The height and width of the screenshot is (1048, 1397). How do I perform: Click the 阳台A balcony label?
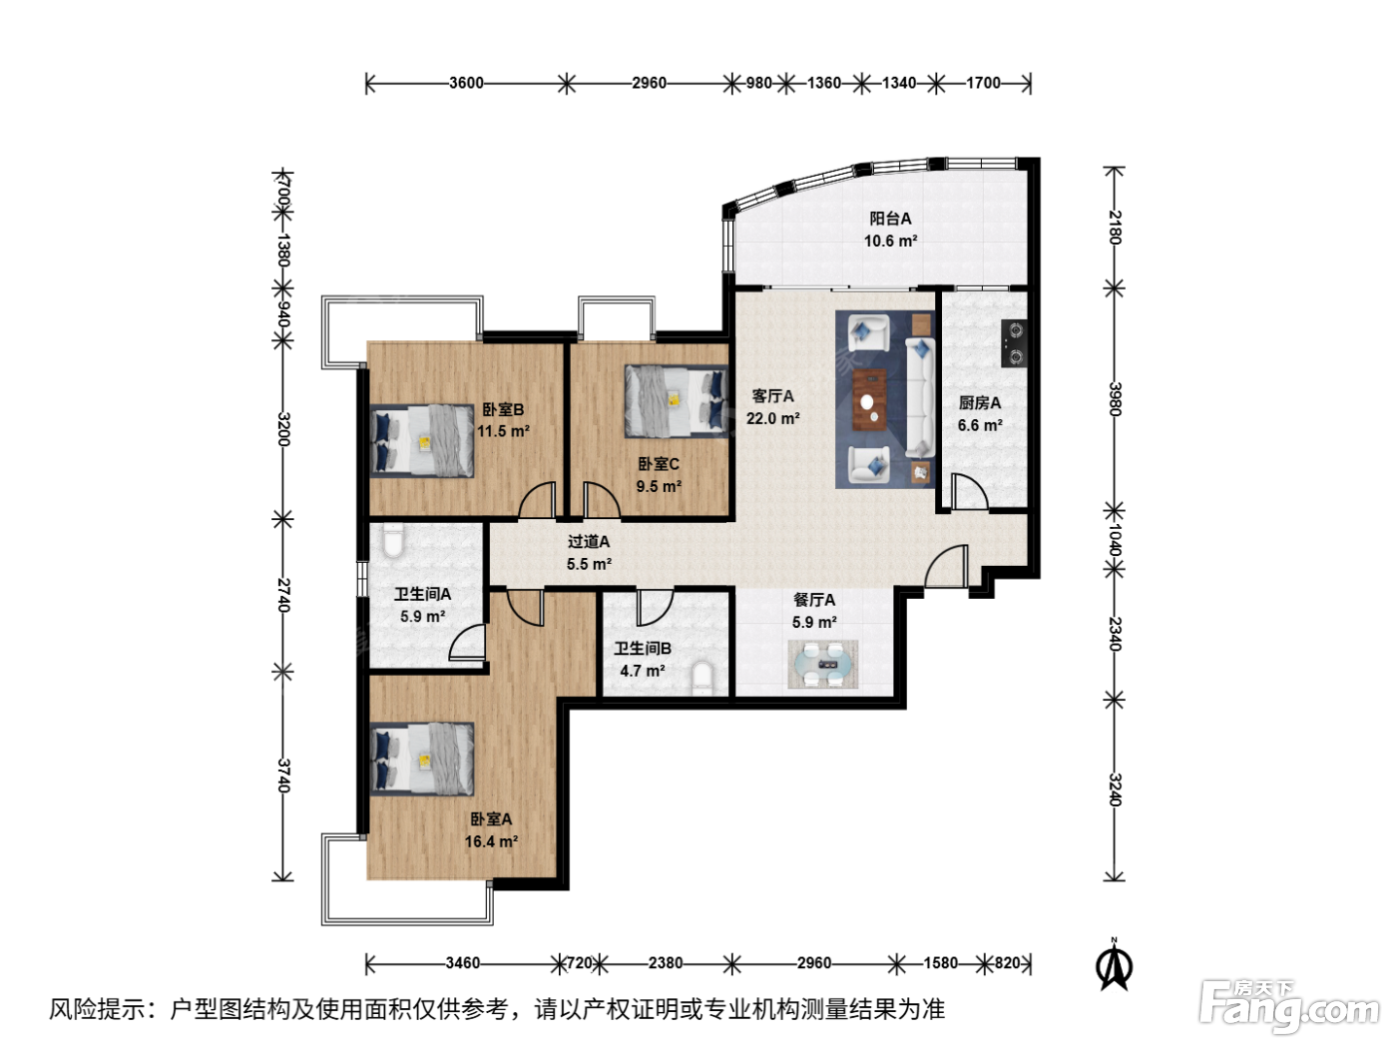pos(890,219)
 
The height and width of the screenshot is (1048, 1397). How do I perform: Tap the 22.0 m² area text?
pos(773,418)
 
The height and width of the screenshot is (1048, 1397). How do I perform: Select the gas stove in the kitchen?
pos(1015,343)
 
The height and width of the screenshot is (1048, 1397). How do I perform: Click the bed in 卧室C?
pos(676,401)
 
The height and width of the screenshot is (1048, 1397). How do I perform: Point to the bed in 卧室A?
pos(423,759)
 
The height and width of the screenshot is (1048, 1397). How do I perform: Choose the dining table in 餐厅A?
pos(823,665)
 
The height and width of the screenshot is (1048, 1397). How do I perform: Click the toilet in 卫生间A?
pos(393,540)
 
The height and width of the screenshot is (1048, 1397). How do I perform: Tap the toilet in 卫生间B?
pos(702,679)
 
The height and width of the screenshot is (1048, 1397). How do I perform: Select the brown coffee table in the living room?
pos(870,399)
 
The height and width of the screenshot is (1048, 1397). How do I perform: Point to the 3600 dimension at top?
pos(466,83)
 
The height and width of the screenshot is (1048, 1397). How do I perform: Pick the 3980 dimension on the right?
pos(1115,399)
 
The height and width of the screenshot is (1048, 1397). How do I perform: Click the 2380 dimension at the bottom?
pos(666,963)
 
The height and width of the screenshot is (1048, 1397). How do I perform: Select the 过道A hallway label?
pos(589,542)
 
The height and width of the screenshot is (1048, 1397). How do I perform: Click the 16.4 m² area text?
pos(491,841)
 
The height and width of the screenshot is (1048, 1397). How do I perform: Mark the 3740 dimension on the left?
pos(283,776)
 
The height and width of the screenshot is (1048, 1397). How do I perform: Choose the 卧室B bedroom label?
pos(503,410)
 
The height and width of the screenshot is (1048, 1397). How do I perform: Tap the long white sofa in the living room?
pos(920,397)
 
